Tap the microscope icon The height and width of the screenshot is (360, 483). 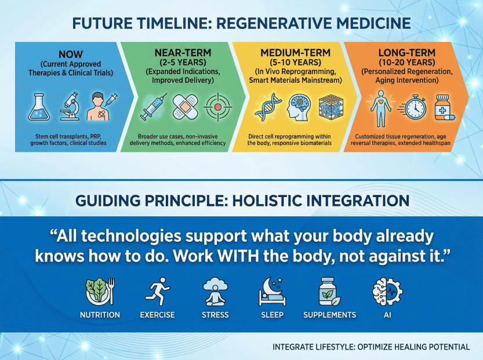(71, 106)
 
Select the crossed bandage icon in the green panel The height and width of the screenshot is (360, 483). (185, 107)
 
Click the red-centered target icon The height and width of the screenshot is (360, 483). (218, 107)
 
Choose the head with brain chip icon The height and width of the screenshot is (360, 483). (299, 107)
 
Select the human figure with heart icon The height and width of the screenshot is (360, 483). (381, 108)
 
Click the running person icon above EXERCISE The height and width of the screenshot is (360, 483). (158, 291)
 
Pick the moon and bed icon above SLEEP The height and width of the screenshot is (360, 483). (272, 292)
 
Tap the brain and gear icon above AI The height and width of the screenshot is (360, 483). (387, 292)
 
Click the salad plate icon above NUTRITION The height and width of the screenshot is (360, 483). (100, 292)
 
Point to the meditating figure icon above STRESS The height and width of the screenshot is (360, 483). (215, 292)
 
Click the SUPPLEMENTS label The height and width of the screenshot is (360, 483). (329, 315)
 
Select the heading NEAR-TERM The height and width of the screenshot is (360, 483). (183, 53)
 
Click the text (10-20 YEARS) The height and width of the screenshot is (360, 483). (407, 62)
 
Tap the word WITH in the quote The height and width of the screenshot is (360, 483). (238, 256)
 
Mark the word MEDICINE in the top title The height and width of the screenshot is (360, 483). (373, 23)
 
